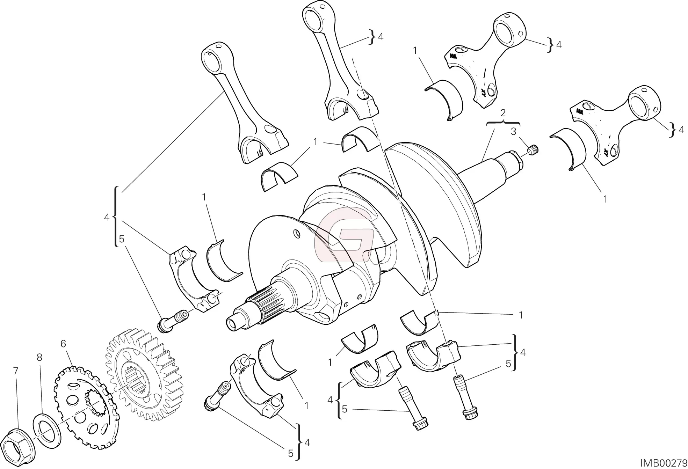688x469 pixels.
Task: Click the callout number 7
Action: [x=15, y=372]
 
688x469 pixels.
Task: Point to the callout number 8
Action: [x=39, y=357]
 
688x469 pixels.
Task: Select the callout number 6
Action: [x=63, y=344]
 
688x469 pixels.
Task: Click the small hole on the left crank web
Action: [x=297, y=233]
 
